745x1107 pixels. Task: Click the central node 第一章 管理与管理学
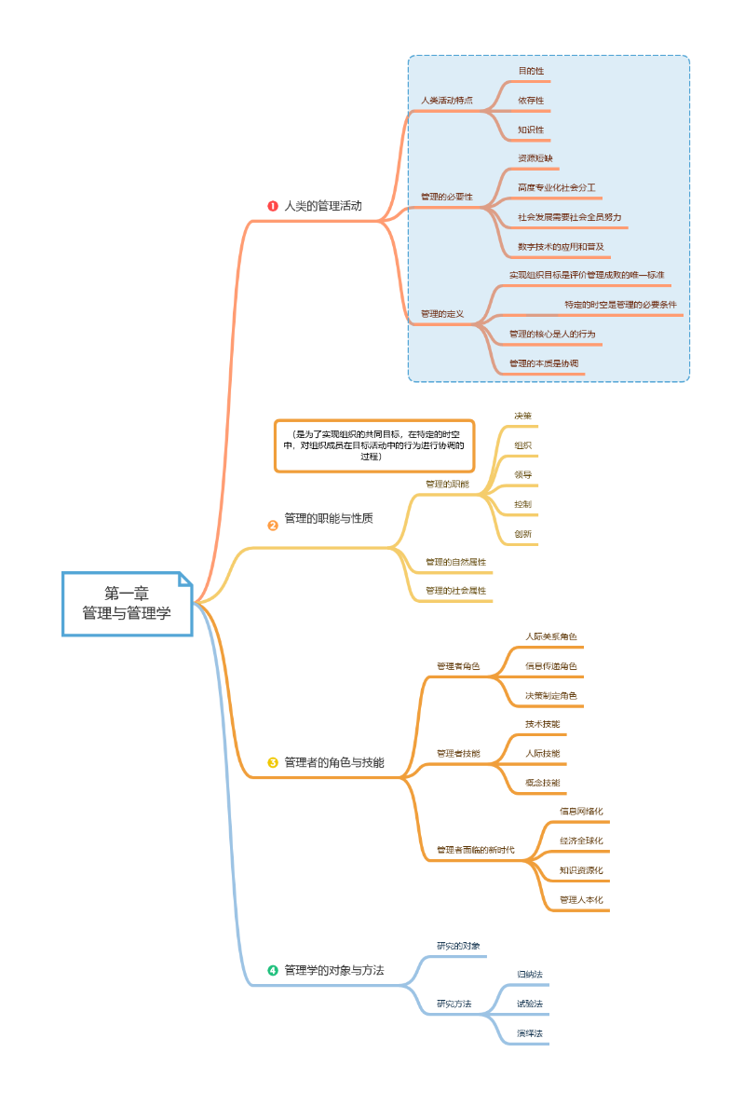[x=127, y=604]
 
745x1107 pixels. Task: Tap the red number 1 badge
[x=273, y=206]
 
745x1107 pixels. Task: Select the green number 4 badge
[x=273, y=970]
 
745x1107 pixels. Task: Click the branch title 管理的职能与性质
[x=329, y=518]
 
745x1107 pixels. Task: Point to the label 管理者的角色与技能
[x=334, y=762]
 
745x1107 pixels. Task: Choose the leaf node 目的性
[x=531, y=71]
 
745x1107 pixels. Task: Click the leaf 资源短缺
[x=535, y=157]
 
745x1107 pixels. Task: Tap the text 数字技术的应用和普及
[x=562, y=247]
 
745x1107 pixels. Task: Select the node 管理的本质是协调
[x=544, y=362]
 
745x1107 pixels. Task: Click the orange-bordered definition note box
[x=373, y=445]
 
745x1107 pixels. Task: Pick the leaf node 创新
[x=523, y=534]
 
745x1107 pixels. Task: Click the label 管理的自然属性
[x=456, y=562]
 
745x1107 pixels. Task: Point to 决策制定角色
[x=551, y=695]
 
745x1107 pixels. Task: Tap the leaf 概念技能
[x=543, y=782]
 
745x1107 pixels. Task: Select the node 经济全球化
[x=582, y=840]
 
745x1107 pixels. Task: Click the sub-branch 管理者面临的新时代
[x=476, y=851]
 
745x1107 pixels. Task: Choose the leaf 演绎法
[x=530, y=1033]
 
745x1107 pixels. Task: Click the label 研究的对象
[x=459, y=946]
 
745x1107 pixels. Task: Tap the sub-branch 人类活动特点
[x=447, y=100]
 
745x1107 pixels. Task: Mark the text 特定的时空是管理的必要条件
[x=620, y=305]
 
